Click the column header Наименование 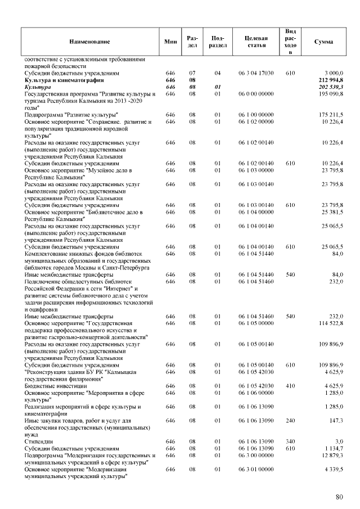point(89,42)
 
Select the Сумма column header point(323,42)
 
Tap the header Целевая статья point(256,42)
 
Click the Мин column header point(170,42)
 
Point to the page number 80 point(339,497)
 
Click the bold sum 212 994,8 point(331,80)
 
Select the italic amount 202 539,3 point(331,88)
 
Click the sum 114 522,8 point(331,323)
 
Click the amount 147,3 point(335,420)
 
